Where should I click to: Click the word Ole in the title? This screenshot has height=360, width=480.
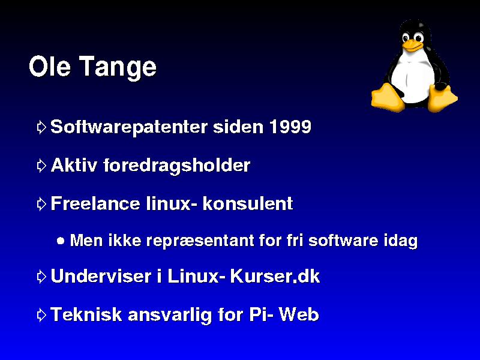[x=50, y=66]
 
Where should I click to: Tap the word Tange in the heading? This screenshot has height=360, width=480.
[x=118, y=68]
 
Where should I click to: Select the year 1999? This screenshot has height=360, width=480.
[x=290, y=127]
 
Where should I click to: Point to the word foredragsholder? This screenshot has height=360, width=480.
[x=176, y=166]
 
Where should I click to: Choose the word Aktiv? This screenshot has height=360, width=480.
[x=74, y=165]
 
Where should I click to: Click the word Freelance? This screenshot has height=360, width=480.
[x=95, y=203]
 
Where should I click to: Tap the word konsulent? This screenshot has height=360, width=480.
[x=248, y=203]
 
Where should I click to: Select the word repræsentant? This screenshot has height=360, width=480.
[x=200, y=241]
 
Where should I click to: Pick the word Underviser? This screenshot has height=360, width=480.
[x=101, y=276]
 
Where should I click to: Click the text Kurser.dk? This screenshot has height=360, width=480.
[x=275, y=276]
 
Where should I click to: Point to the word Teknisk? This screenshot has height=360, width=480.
[x=86, y=314]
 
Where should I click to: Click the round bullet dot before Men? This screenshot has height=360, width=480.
[x=61, y=241]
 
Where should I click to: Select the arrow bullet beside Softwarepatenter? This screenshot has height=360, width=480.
[x=41, y=127]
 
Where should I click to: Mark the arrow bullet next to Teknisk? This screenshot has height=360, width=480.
[x=41, y=315]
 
